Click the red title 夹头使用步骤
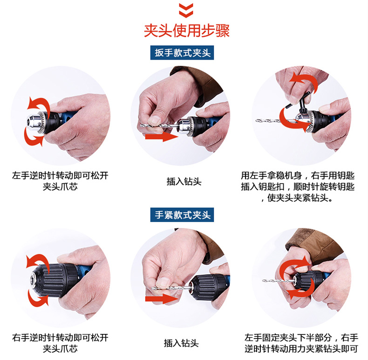click(x=187, y=31)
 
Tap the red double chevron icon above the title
click(x=186, y=10)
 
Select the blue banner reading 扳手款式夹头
click(x=182, y=53)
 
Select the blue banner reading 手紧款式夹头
click(x=182, y=215)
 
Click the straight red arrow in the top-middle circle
click(x=162, y=137)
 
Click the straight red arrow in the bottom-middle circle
click(x=162, y=299)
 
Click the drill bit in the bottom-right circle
click(x=278, y=281)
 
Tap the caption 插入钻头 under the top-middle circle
click(x=184, y=181)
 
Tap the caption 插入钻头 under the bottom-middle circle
click(x=181, y=343)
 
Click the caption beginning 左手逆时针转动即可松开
click(x=60, y=181)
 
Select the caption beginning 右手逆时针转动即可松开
click(x=60, y=343)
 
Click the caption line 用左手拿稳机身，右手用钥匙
click(x=298, y=175)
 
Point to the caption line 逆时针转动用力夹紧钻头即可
click(x=301, y=349)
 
